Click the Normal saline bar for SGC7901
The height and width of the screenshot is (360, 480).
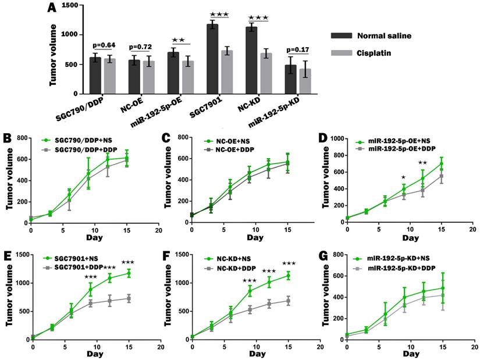click(x=212, y=58)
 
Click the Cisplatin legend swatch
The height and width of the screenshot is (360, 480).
click(x=343, y=53)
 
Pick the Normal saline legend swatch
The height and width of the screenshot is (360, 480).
click(x=343, y=35)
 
